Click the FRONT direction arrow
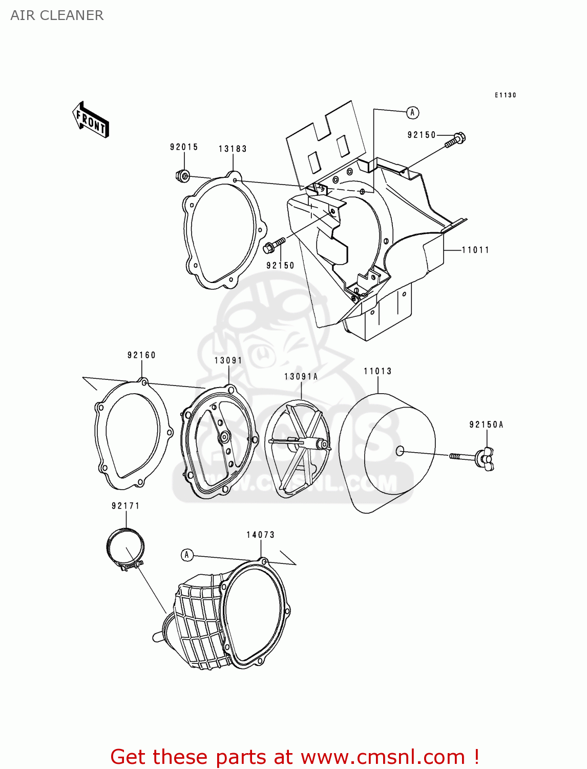(91, 119)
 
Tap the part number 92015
(184, 147)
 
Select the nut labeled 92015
(182, 176)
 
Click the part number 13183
(233, 149)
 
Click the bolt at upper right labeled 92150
(455, 139)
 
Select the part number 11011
(475, 250)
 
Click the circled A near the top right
(413, 112)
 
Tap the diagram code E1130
(505, 95)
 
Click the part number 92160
(141, 355)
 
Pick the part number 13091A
(301, 377)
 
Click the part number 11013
(378, 371)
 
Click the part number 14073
(260, 535)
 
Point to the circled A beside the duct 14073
(187, 555)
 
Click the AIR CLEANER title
(57, 15)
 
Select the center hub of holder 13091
(224, 437)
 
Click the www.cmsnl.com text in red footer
(383, 757)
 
